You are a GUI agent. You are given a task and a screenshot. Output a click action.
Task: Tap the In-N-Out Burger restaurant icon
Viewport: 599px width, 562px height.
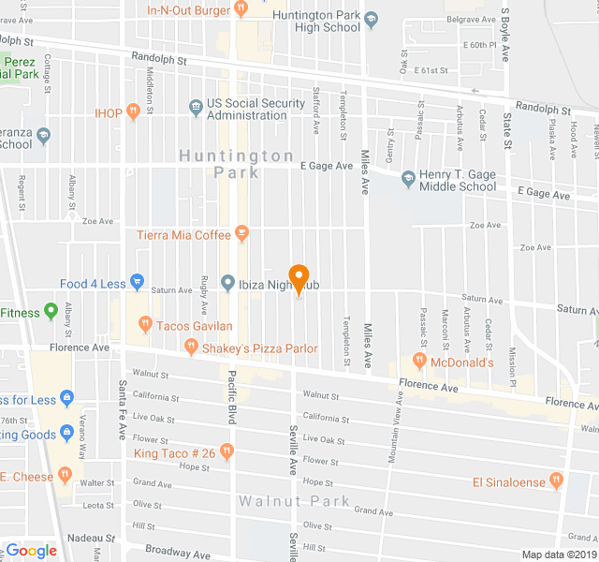click(241, 9)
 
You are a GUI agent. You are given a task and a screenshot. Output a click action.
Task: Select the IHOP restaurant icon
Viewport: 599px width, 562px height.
click(135, 113)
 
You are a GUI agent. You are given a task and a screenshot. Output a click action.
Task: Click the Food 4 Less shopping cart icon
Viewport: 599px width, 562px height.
click(137, 281)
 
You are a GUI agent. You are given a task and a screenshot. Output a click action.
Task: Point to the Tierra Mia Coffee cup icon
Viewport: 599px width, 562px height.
click(241, 232)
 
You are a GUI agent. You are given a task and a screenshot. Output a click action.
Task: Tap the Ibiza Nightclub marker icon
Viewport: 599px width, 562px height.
click(227, 283)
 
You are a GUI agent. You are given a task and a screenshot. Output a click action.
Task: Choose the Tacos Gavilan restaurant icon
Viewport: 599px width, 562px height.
click(144, 325)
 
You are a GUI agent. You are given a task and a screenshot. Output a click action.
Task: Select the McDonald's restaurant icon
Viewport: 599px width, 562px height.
click(419, 362)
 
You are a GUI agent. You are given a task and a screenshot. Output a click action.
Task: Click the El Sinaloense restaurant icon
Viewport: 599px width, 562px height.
click(557, 481)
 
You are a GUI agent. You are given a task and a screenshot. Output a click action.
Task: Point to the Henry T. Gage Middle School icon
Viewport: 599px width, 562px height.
click(408, 178)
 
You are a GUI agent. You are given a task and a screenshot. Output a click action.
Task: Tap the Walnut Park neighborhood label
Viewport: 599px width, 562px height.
click(294, 502)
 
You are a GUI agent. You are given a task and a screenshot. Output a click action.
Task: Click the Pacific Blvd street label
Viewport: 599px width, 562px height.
click(231, 398)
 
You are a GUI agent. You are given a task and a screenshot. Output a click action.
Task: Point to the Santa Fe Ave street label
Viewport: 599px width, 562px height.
click(122, 410)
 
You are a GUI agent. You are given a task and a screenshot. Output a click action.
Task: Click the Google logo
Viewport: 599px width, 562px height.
click(32, 551)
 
